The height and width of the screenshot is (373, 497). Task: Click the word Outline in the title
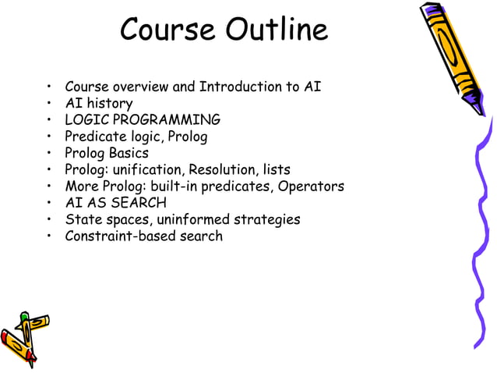pos(277,30)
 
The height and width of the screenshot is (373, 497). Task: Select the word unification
pos(143,169)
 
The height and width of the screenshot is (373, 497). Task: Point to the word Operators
pos(311,186)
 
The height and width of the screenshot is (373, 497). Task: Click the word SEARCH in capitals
pos(142,203)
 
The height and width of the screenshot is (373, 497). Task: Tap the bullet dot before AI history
pos(49,103)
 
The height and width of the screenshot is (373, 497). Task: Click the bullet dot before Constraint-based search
pos(49,236)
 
